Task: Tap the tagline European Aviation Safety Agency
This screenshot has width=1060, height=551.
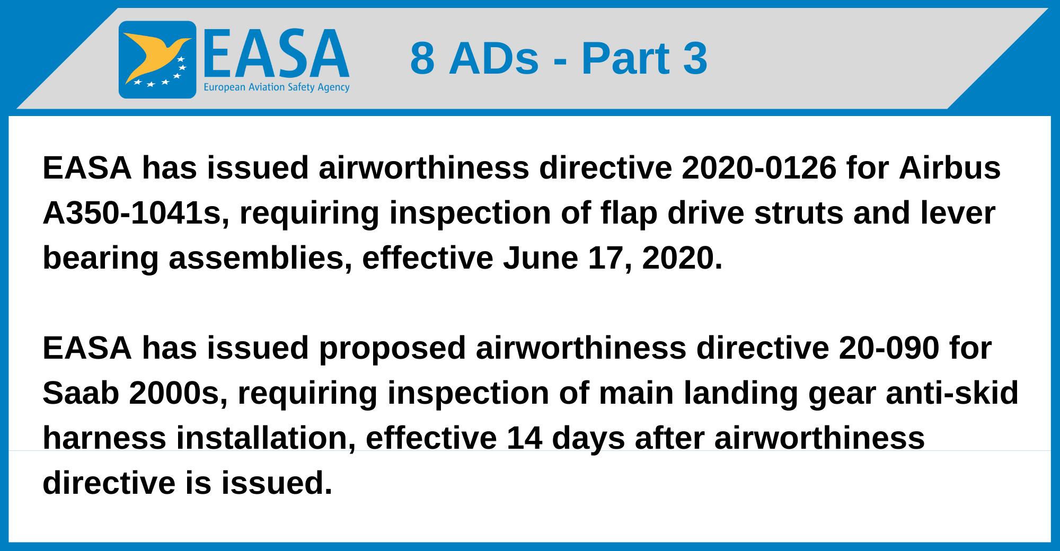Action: tap(276, 87)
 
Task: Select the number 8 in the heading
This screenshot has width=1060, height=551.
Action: tap(422, 58)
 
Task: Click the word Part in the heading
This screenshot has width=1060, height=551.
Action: tap(625, 58)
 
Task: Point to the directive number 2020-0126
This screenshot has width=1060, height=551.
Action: tap(758, 168)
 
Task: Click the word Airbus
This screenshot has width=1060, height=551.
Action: tap(949, 168)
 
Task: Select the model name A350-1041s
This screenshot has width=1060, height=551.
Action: tap(136, 213)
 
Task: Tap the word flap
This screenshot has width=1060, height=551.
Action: tap(628, 213)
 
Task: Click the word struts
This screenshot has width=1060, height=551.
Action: tap(798, 213)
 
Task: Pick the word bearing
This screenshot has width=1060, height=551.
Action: tap(100, 259)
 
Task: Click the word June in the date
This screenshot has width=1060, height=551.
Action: tap(540, 259)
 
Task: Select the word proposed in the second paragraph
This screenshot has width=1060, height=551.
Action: tap(392, 348)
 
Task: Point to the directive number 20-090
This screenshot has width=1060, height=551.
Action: tap(889, 348)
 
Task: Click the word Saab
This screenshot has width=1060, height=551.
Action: tap(81, 393)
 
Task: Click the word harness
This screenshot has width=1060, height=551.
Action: tap(104, 438)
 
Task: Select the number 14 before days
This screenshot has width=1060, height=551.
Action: tap(524, 438)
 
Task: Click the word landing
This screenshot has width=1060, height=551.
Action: tap(740, 393)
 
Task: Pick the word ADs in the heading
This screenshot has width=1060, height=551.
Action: tap(493, 58)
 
